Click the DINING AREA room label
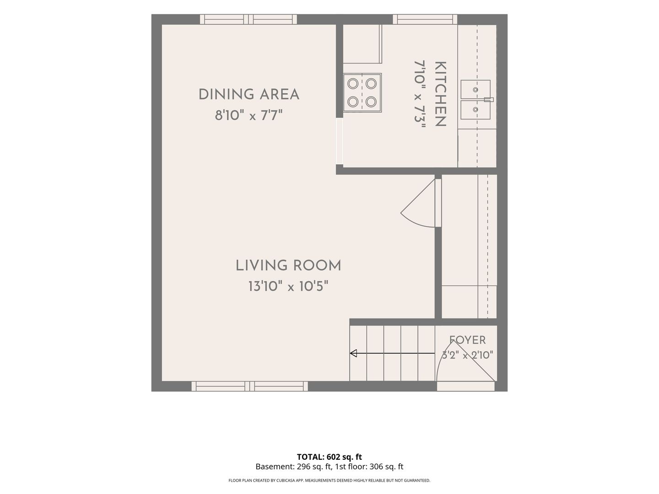click(249, 95)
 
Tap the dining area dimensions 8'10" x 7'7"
click(249, 115)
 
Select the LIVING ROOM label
click(288, 266)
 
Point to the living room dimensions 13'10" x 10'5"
click(288, 286)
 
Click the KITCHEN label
click(440, 94)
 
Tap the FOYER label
click(467, 340)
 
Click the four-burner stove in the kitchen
click(362, 93)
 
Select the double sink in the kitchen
click(475, 100)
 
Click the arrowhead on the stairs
click(353, 353)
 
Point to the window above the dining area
click(248, 19)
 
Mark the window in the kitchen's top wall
click(425, 19)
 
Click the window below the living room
click(250, 386)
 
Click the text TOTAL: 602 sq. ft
click(329, 457)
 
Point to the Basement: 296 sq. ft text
click(293, 467)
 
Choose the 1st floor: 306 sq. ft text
click(369, 467)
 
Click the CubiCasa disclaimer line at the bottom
click(329, 480)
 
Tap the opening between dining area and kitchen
click(340, 141)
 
